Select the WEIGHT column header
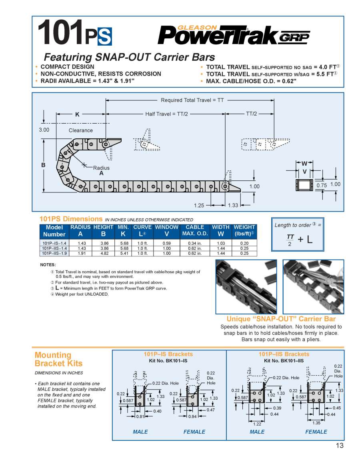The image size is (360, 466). tap(244, 230)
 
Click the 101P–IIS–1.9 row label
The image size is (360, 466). tap(54, 253)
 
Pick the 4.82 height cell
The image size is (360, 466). tap(103, 253)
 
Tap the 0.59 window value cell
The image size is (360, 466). tap(166, 243)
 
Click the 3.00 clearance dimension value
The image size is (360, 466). tap(44, 130)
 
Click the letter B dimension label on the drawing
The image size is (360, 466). tap(43, 165)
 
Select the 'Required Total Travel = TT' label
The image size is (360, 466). tap(192, 100)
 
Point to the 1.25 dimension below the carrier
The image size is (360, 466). tap(199, 205)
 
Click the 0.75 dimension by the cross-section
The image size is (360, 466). tap(322, 185)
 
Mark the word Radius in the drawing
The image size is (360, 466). tap(101, 168)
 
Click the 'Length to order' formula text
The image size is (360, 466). tap(298, 225)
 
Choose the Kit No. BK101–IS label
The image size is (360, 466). tap(168, 361)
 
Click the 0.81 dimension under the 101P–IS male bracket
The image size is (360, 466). tap(140, 416)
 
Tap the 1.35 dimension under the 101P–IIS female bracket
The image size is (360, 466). tap(316, 423)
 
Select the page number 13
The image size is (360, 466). tap(339, 446)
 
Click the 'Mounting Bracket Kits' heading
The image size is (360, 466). tap(58, 359)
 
